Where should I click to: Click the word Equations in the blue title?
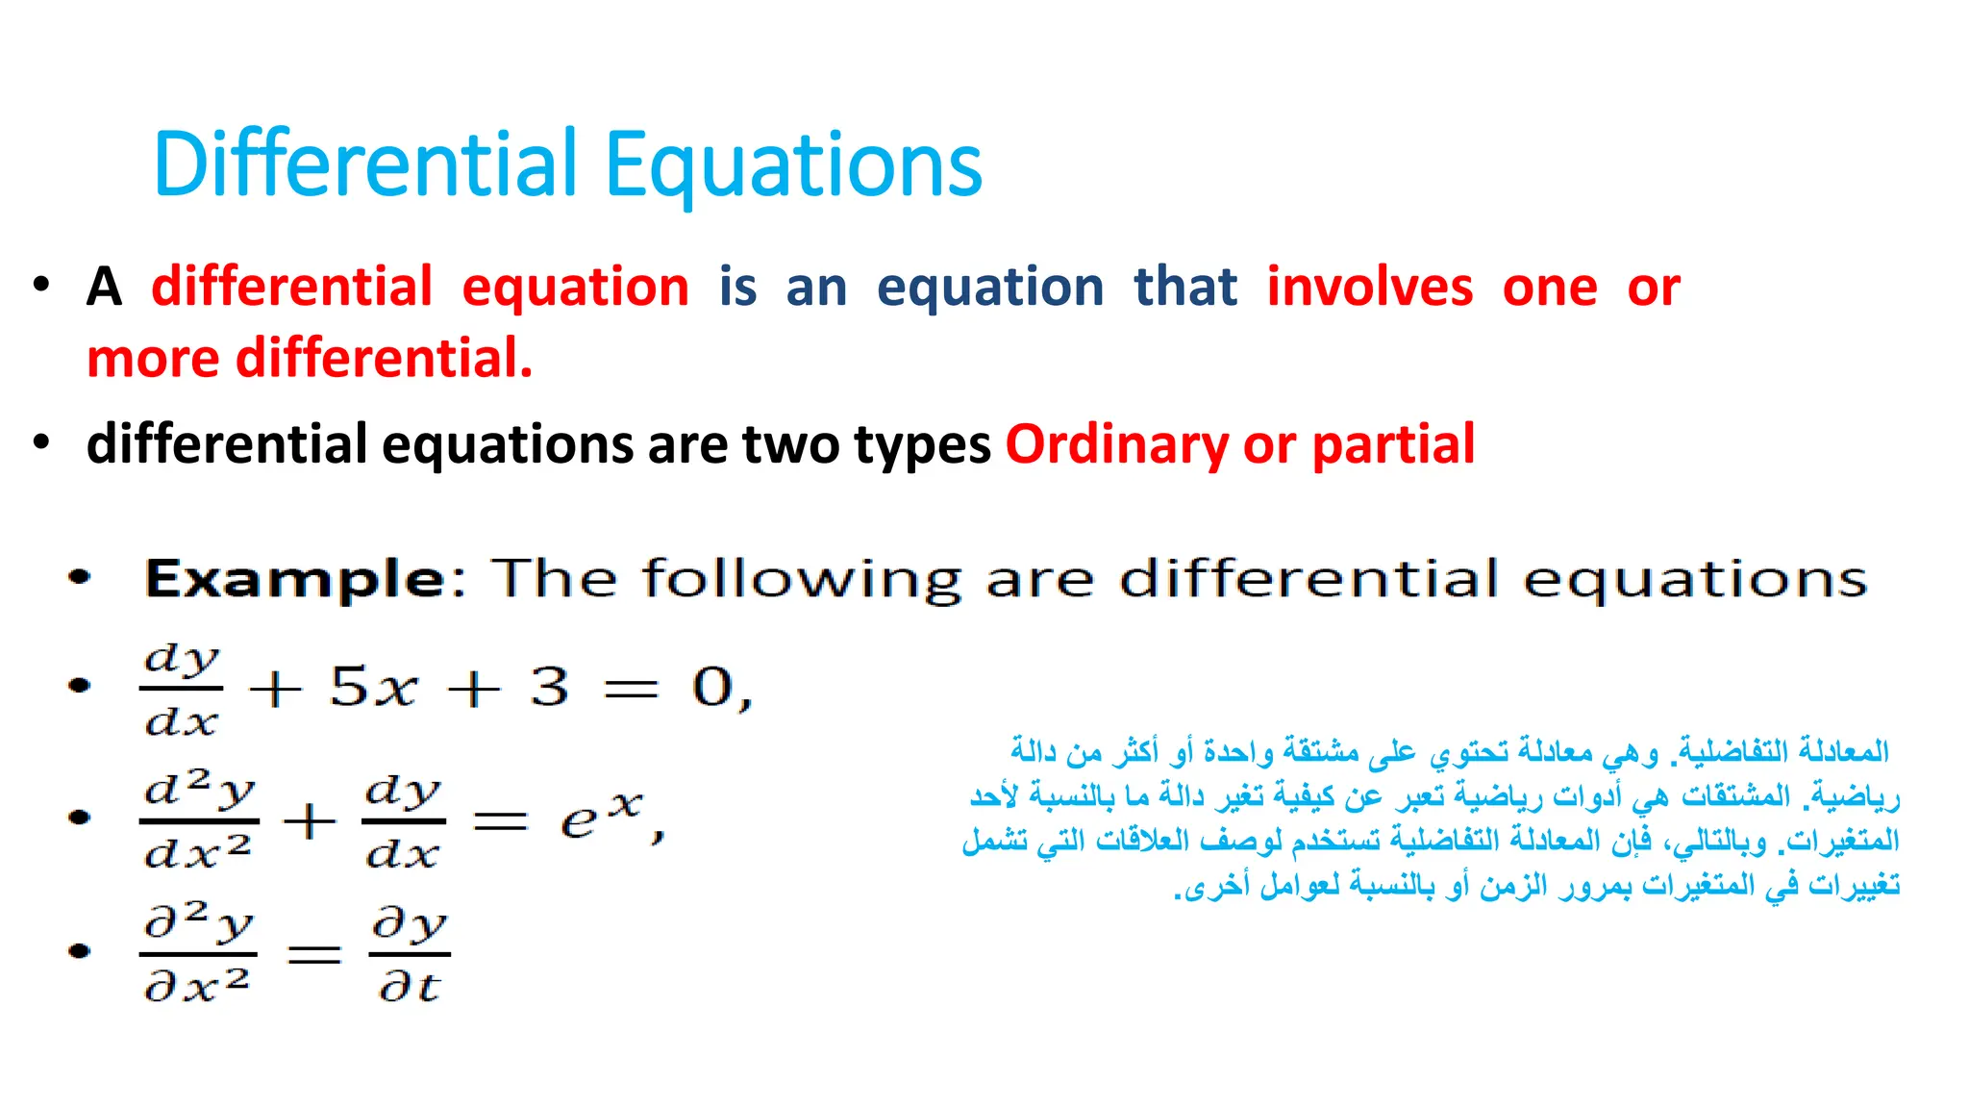[x=793, y=165]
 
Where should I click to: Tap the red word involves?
[x=1369, y=288]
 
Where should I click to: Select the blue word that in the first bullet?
[x=1184, y=288]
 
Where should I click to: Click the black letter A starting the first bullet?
[x=104, y=288]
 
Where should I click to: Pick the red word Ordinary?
[x=1116, y=444]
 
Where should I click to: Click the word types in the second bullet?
[x=922, y=446]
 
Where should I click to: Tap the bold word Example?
[x=295, y=579]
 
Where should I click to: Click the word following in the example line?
[x=801, y=580]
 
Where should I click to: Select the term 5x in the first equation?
[x=373, y=688]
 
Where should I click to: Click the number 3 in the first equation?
[x=549, y=688]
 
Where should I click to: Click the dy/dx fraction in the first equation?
[x=181, y=689]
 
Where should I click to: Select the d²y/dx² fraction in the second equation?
[x=198, y=820]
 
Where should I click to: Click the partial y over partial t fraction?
[x=410, y=953]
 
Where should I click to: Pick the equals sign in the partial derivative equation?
[x=314, y=954]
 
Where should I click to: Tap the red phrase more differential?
[x=309, y=359]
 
